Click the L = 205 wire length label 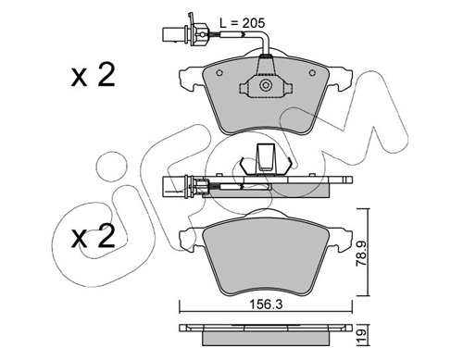tap(242, 23)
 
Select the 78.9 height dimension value tap(361, 254)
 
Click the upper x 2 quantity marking tap(93, 75)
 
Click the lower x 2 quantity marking tap(93, 236)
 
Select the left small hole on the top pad tap(219, 73)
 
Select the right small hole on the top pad tap(312, 73)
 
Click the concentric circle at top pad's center tap(266, 86)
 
